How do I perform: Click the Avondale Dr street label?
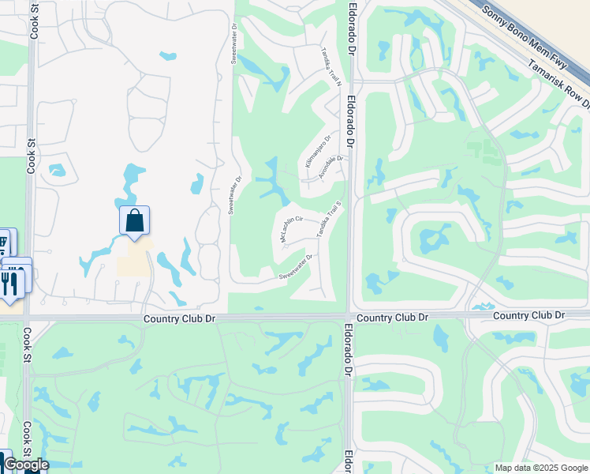(330, 167)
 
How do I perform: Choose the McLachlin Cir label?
(291, 226)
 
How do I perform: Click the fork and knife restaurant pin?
(9, 282)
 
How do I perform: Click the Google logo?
(26, 465)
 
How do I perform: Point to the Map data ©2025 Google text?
(541, 468)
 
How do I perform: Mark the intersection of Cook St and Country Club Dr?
(29, 318)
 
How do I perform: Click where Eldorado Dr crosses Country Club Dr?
(348, 317)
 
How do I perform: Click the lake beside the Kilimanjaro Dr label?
(273, 181)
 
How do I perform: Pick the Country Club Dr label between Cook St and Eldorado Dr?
(179, 318)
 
